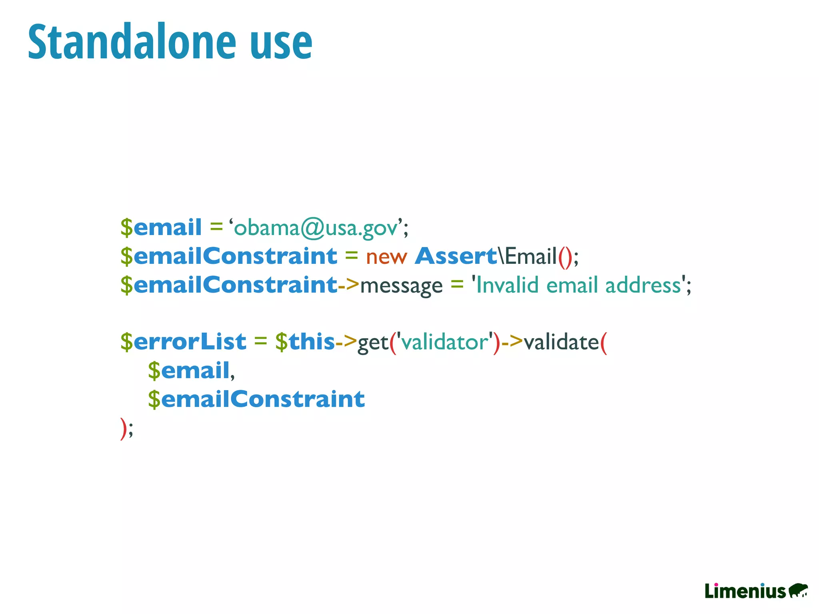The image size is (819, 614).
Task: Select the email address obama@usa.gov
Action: click(x=316, y=228)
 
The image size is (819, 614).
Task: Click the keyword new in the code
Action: click(x=386, y=257)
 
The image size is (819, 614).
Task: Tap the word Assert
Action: click(x=456, y=256)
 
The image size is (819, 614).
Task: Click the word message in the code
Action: click(x=401, y=286)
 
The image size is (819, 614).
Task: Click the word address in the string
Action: click(x=643, y=285)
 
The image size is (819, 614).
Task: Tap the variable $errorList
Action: click(x=183, y=342)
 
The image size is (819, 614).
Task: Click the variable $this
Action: click(x=305, y=342)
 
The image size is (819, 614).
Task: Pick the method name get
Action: click(x=373, y=343)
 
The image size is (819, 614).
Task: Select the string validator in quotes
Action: click(x=445, y=342)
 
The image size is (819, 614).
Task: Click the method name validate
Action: click(x=561, y=342)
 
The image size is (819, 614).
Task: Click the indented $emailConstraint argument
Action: click(x=256, y=399)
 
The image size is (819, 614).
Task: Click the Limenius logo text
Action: click(x=745, y=591)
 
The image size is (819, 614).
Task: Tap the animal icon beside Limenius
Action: click(x=798, y=590)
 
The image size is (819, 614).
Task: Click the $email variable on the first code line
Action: click(x=161, y=227)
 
